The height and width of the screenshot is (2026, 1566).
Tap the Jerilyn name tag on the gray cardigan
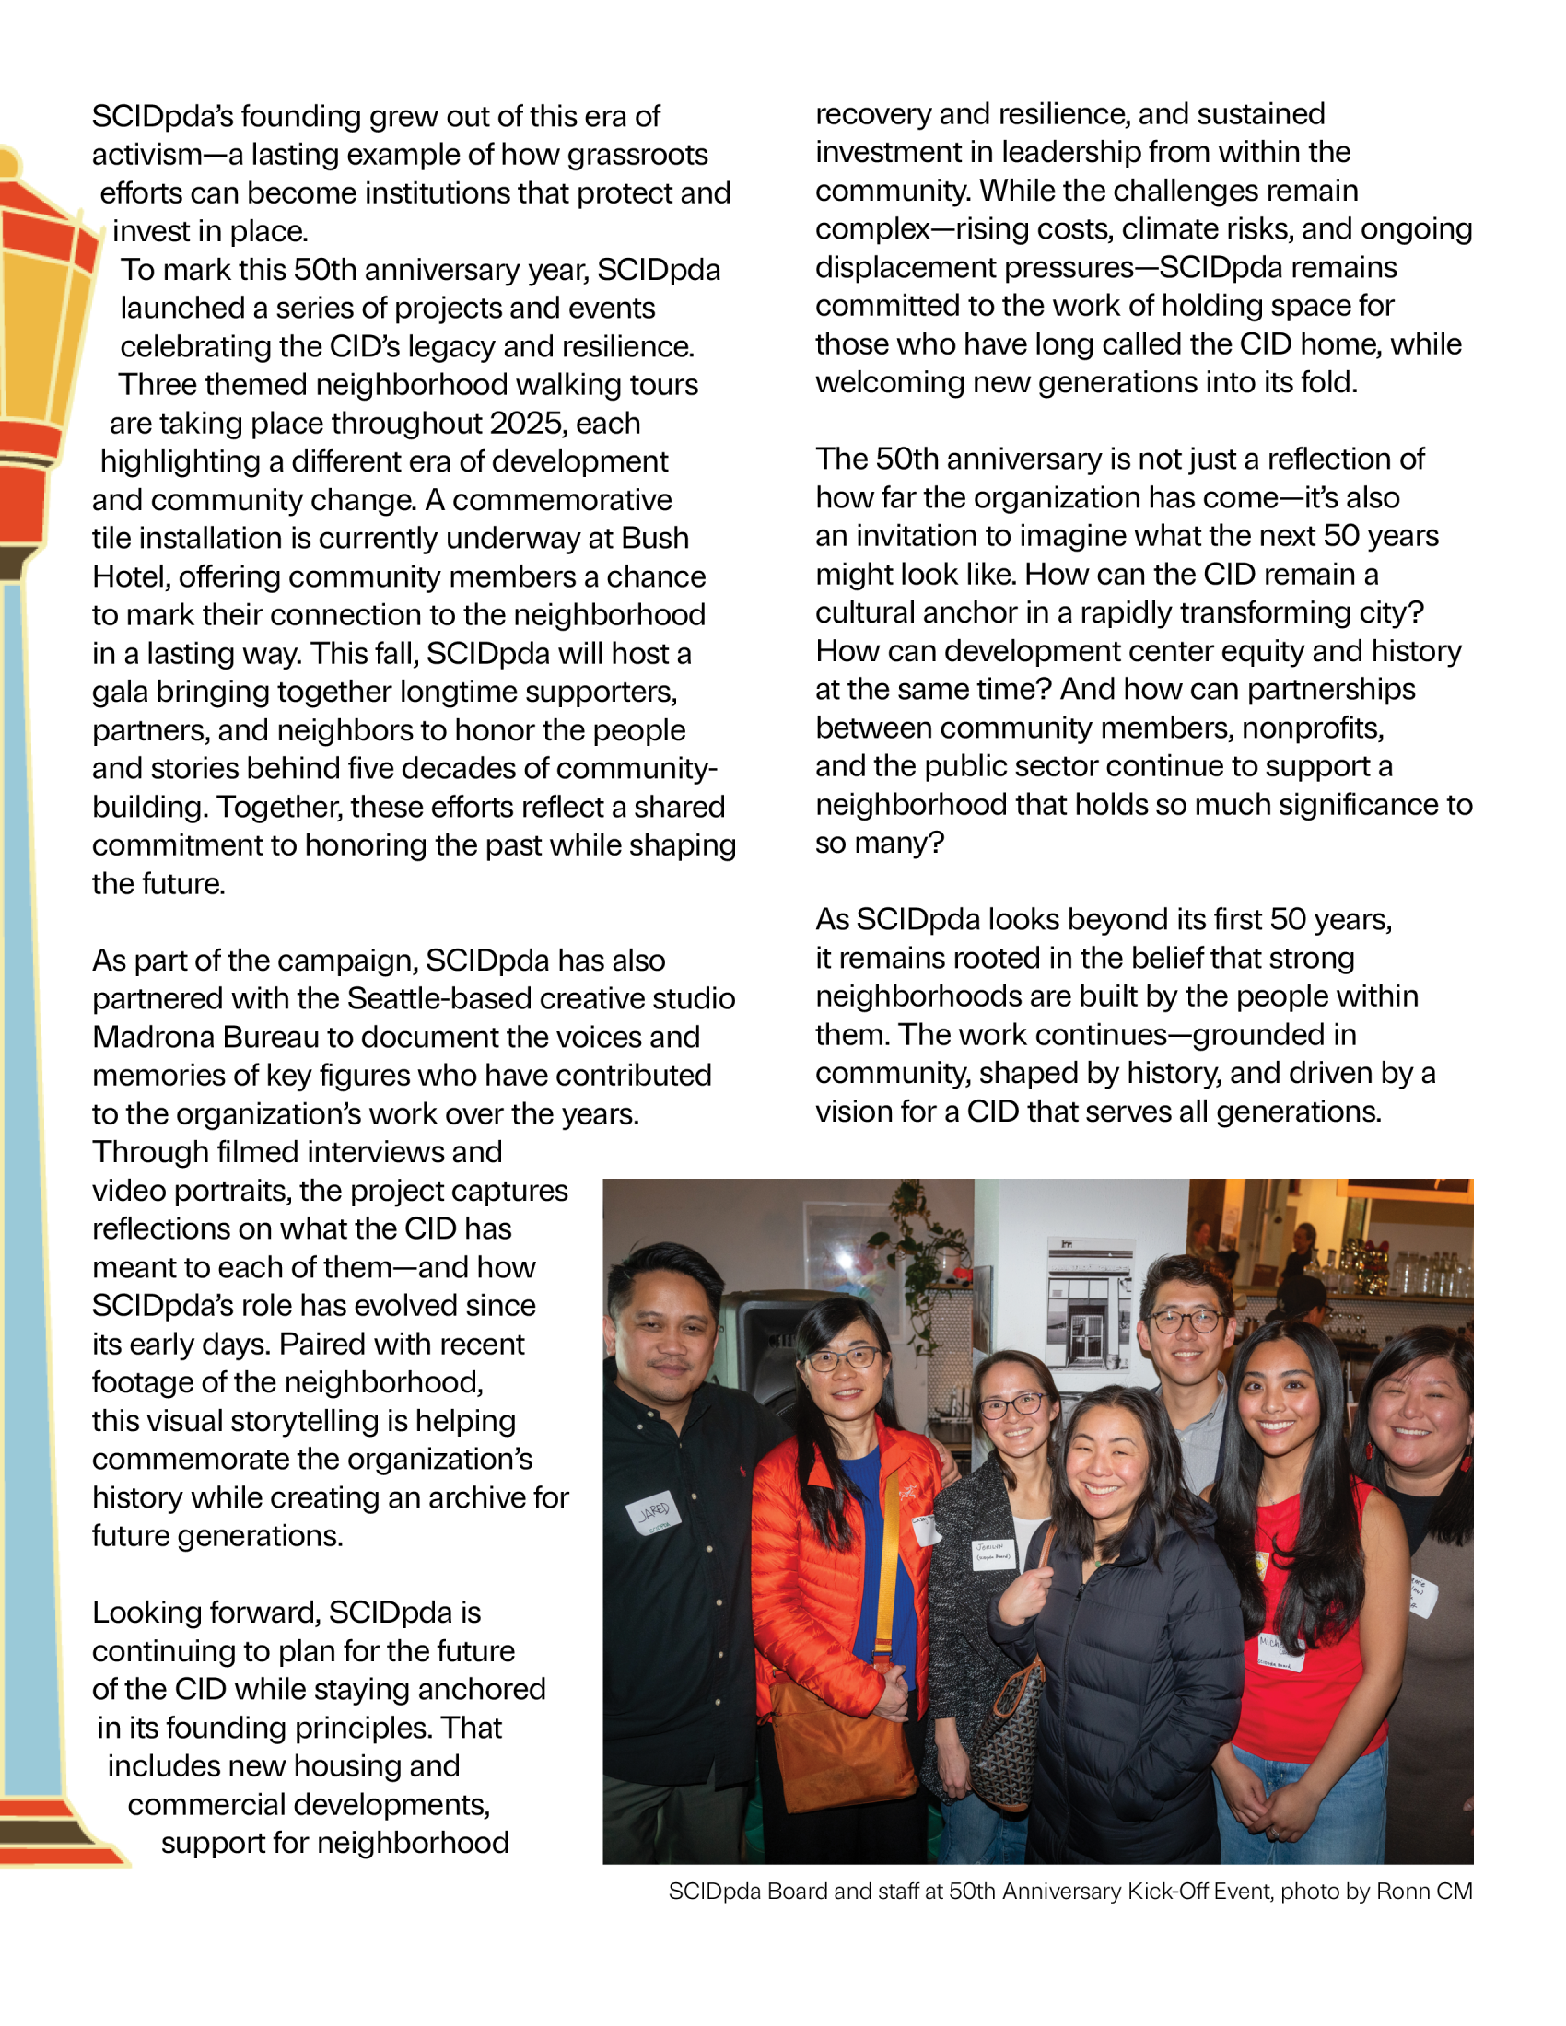coord(994,1553)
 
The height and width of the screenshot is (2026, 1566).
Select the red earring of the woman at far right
coord(1465,1462)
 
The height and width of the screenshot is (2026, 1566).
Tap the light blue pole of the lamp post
coord(28,1113)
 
